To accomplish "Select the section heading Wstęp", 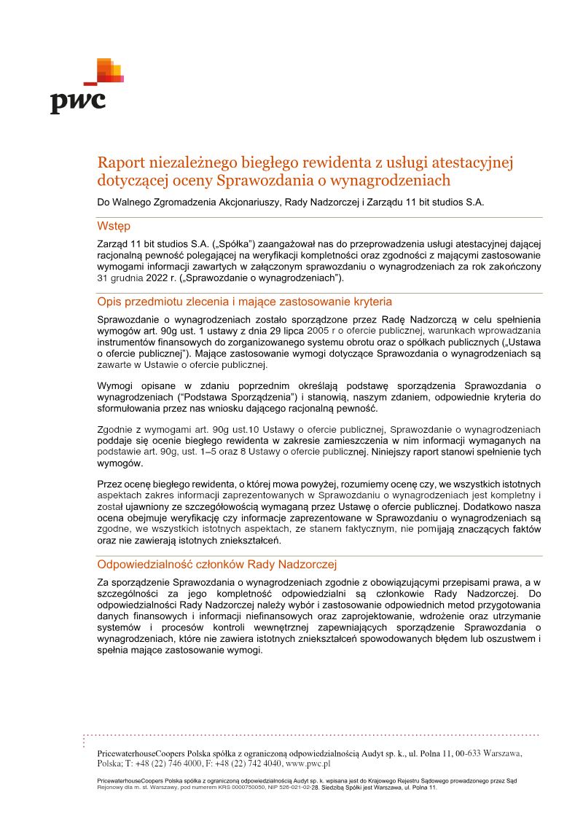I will [x=114, y=227].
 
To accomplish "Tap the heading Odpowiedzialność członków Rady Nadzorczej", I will [x=216, y=564].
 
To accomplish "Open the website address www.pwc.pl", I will [x=309, y=764].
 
